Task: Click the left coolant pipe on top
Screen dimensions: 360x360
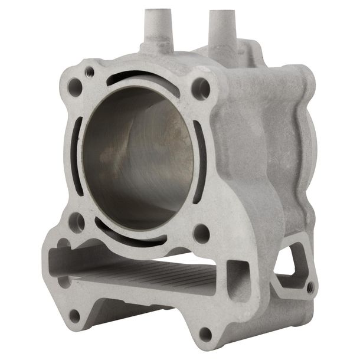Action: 155,24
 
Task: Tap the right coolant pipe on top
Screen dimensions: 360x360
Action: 220,24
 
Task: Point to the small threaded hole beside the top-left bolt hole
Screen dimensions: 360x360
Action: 90,72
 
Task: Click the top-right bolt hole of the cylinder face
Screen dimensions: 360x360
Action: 201,89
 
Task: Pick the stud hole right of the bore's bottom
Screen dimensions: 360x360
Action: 201,233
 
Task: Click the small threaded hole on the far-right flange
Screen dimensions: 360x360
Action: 310,287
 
